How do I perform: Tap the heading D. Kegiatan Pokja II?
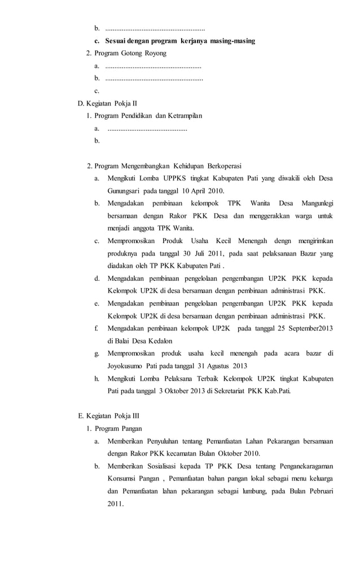pyautogui.click(x=107, y=104)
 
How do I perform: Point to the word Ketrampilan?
pyautogui.click(x=181, y=116)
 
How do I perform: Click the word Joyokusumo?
pyautogui.click(x=125, y=365)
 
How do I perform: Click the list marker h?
pyautogui.click(x=97, y=378)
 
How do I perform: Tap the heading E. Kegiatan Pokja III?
pyautogui.click(x=108, y=416)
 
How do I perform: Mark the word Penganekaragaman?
pyautogui.click(x=301, y=466)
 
